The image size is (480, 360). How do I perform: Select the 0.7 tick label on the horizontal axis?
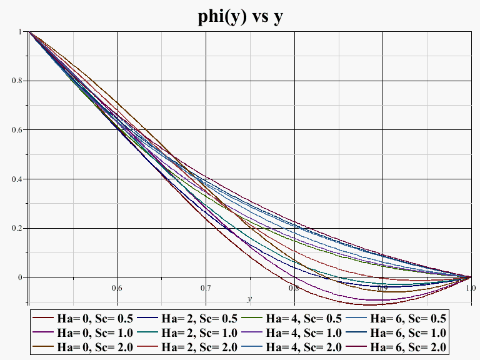[x=206, y=288]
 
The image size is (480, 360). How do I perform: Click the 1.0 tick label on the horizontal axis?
[x=471, y=288]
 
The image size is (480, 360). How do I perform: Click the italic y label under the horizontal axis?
[x=249, y=299]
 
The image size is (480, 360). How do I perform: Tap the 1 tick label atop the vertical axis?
[x=22, y=31]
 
